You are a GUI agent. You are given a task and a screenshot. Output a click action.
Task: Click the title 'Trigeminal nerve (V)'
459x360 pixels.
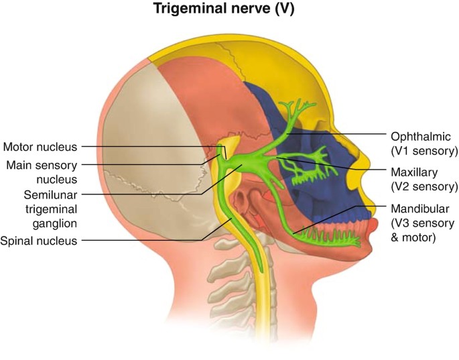coord(229,10)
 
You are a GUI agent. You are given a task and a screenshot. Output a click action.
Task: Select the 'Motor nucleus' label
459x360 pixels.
coord(41,146)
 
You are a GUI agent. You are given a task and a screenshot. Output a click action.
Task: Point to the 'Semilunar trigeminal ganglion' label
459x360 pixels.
coord(41,208)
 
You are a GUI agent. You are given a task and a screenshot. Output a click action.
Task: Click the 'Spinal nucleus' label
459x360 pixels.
coord(39,240)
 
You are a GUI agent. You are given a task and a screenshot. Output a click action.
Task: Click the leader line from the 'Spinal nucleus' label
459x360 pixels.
coord(147,240)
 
